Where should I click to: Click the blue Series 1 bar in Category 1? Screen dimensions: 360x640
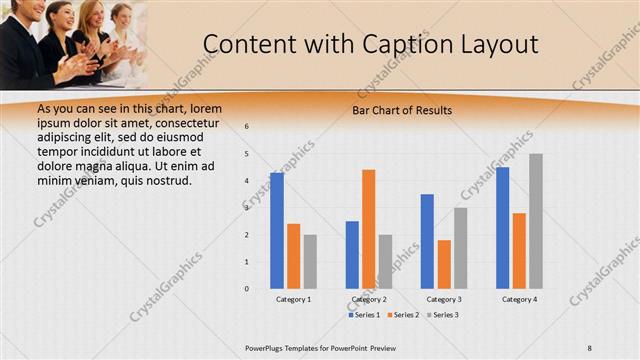point(277,231)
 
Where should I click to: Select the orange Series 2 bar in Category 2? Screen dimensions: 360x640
point(368,229)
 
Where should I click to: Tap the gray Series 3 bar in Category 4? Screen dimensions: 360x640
point(536,221)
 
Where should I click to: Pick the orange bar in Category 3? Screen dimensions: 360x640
point(444,264)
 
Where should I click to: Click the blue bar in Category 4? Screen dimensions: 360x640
point(502,228)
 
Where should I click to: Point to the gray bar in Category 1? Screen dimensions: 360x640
point(310,262)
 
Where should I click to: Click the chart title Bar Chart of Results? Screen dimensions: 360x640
point(402,110)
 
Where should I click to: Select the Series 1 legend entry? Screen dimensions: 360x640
point(363,315)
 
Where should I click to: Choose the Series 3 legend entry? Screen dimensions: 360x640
point(441,315)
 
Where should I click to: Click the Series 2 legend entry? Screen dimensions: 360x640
point(402,315)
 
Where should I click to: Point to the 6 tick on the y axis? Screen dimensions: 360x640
point(247,127)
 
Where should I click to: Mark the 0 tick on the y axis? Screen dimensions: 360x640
point(247,289)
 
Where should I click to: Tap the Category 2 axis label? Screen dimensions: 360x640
point(369,300)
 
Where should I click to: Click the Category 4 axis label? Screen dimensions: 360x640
point(519,300)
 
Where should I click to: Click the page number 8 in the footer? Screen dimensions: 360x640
point(590,347)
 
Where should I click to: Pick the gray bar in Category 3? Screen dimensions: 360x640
point(460,248)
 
